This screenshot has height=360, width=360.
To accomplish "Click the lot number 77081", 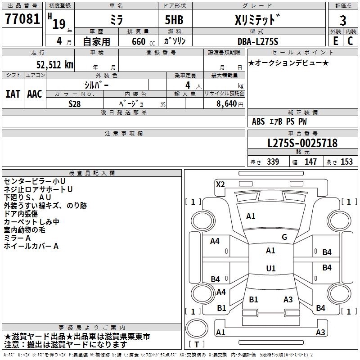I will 22,20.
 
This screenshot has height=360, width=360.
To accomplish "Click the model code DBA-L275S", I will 258,41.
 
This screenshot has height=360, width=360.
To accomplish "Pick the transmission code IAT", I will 13,94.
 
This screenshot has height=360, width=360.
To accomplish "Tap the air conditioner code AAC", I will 34,94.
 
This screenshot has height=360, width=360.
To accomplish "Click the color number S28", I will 75,103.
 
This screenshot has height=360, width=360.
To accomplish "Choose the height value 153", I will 346,162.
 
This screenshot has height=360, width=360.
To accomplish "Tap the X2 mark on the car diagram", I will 220,184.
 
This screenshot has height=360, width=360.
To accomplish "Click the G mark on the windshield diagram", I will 284,237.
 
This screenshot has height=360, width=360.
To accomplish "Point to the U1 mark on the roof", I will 270,269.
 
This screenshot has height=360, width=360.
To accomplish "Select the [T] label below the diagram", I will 197,345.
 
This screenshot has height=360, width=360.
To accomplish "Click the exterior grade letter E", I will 335,41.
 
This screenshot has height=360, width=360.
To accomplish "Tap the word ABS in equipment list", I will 258,121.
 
